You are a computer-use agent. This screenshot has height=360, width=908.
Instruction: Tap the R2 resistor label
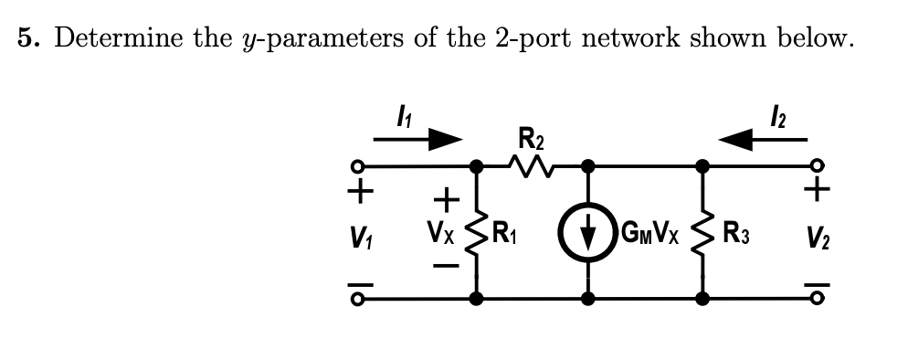pyautogui.click(x=529, y=142)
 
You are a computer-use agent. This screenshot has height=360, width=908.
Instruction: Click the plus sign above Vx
pyautogui.click(x=447, y=197)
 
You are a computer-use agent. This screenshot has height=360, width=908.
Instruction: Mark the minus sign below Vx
pyautogui.click(x=447, y=266)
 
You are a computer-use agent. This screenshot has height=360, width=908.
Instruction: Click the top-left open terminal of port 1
pyautogui.click(x=363, y=166)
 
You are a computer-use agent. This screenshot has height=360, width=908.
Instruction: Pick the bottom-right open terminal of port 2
pyautogui.click(x=818, y=298)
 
